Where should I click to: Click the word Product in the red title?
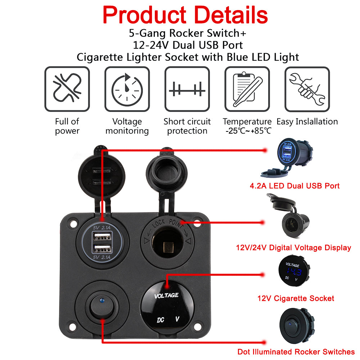(x=144, y=15)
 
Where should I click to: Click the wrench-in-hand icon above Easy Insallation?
(x=307, y=89)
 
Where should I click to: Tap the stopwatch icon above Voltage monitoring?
(x=127, y=89)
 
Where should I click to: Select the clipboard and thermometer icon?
(x=247, y=89)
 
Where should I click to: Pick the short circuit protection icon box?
(x=187, y=89)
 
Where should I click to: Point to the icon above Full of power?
(x=67, y=89)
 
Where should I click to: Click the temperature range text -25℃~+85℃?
(x=248, y=131)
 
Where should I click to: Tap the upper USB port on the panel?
(x=102, y=237)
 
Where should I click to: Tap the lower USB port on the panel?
(x=102, y=249)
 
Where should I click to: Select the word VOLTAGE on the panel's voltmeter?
(x=166, y=296)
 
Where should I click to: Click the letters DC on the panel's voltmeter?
(x=161, y=320)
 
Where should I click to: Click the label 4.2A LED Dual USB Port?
(x=294, y=186)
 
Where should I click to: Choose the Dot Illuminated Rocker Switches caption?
(x=296, y=352)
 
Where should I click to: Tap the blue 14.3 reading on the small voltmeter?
(x=294, y=272)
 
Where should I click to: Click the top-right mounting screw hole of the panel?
(x=197, y=224)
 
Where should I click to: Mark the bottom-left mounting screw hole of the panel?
(x=73, y=327)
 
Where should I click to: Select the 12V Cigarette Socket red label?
(x=296, y=298)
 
